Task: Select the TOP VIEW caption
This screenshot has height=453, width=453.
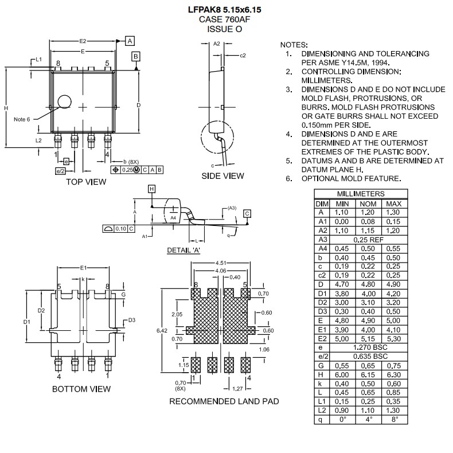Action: pyautogui.click(x=86, y=182)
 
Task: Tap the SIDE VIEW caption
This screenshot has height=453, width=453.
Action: pyautogui.click(x=222, y=176)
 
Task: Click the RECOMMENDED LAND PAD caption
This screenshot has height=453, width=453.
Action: pyautogui.click(x=224, y=401)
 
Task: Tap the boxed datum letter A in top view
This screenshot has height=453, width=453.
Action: pyautogui.click(x=130, y=41)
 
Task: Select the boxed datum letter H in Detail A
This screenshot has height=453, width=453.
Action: pyautogui.click(x=151, y=189)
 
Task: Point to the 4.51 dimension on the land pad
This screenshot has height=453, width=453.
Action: pyautogui.click(x=221, y=263)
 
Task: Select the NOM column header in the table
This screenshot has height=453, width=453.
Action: pyautogui.click(x=368, y=204)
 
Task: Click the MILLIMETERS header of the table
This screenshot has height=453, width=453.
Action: pyautogui.click(x=361, y=194)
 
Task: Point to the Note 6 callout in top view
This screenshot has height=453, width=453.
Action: pyautogui.click(x=22, y=119)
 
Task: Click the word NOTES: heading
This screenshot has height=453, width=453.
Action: pyautogui.click(x=294, y=45)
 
